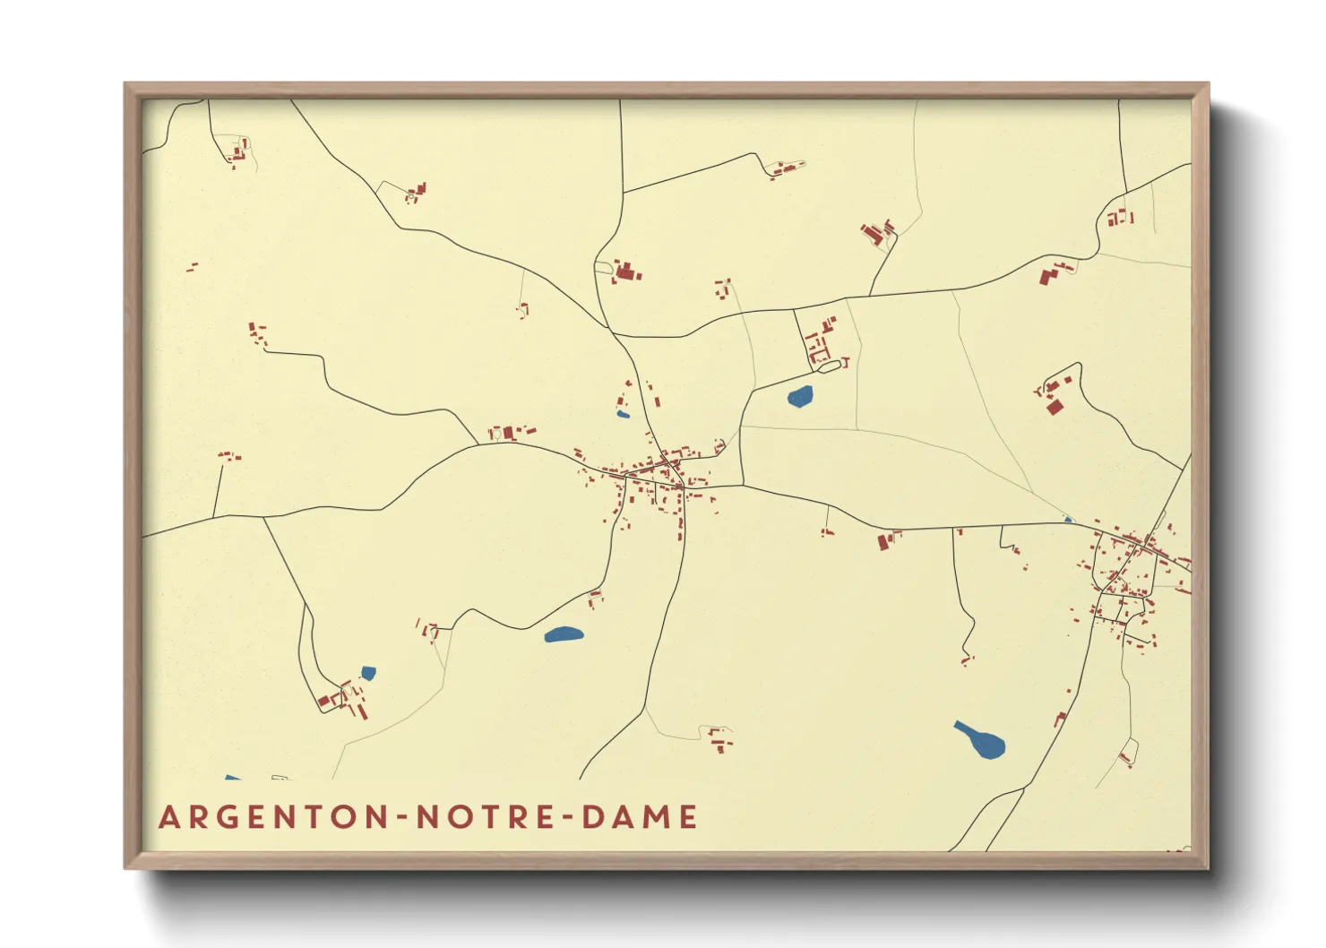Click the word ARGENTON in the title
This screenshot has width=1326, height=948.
pos(273,817)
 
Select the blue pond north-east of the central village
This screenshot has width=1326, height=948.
pos(800,396)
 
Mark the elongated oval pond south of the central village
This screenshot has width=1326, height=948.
pos(564,635)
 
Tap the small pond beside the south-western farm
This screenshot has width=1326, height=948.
pos(368,673)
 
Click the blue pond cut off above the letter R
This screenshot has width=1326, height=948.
pos(232,777)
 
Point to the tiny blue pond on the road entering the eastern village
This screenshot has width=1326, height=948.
pos(1067,519)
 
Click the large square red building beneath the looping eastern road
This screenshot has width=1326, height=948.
pos(1055,407)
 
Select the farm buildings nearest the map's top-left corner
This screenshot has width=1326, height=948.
pos(238,152)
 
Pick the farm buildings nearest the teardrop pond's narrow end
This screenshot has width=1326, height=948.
pos(967,659)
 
